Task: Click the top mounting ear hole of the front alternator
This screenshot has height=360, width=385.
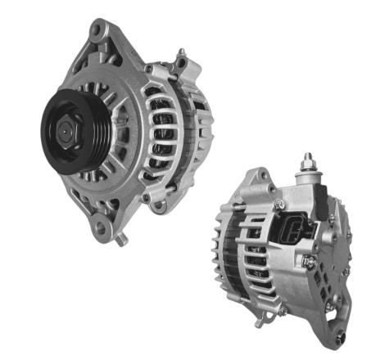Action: click(97, 31)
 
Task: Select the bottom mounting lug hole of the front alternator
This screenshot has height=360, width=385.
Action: click(102, 228)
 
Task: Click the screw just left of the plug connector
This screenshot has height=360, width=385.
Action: click(279, 205)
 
